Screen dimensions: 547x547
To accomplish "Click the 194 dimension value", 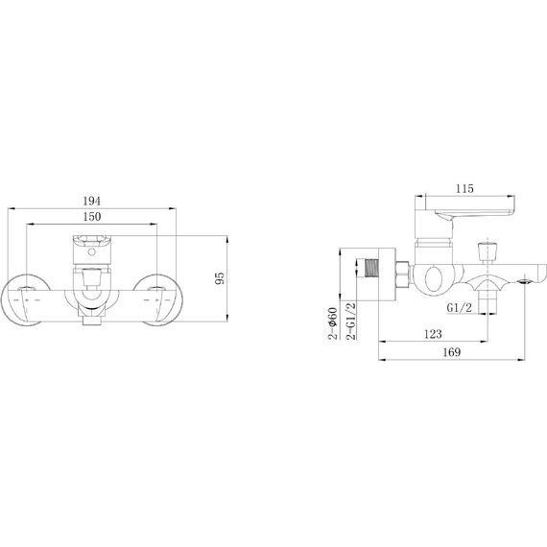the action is click(x=92, y=201).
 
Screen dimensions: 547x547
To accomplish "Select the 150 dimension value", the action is click(x=92, y=217).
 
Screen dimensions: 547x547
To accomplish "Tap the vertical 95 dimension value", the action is click(x=220, y=278).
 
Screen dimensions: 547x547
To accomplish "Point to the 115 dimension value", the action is click(x=464, y=189).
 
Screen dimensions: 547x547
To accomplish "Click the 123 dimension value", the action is click(x=433, y=334).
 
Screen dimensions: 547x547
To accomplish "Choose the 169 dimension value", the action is click(x=452, y=352).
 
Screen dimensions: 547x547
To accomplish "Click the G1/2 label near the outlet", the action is click(x=459, y=308).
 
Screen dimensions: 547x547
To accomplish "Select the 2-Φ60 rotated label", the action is click(x=333, y=323).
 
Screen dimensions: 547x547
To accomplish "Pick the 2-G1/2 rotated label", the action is click(x=350, y=321).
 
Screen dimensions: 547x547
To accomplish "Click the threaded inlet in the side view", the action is click(x=371, y=268).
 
